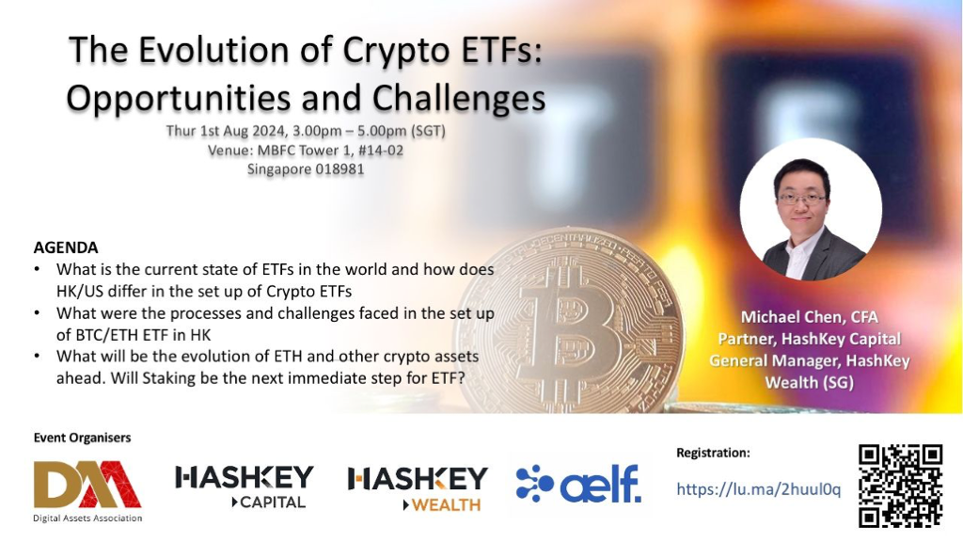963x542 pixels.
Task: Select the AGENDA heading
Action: pyautogui.click(x=66, y=247)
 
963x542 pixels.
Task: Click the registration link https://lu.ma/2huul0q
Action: pyautogui.click(x=759, y=489)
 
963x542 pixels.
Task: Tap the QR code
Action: pyautogui.click(x=900, y=486)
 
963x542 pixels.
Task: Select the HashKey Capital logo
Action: pyautogui.click(x=244, y=486)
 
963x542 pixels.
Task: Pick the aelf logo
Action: pyautogui.click(x=578, y=484)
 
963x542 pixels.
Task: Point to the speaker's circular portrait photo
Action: pyautogui.click(x=811, y=210)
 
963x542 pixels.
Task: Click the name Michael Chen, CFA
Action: pyautogui.click(x=809, y=317)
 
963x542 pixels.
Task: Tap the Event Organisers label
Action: pyautogui.click(x=83, y=438)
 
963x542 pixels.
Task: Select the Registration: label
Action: pyautogui.click(x=713, y=453)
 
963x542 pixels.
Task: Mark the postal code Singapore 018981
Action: pyautogui.click(x=306, y=169)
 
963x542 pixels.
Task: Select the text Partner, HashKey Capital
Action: pyautogui.click(x=810, y=339)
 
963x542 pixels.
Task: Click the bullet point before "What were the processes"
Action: pyautogui.click(x=38, y=312)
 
